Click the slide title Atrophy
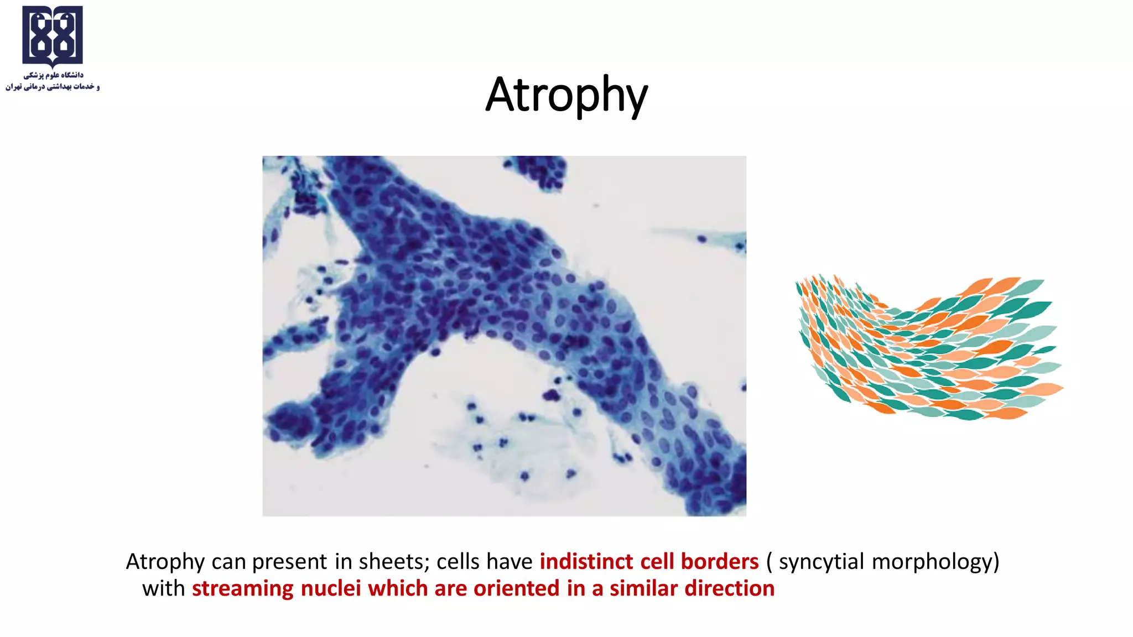[x=566, y=95]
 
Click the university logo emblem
[x=53, y=36]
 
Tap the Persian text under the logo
[x=53, y=81]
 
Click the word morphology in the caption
[x=935, y=562]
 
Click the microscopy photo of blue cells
[x=503, y=336]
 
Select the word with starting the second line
[x=163, y=588]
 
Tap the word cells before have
[x=457, y=562]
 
